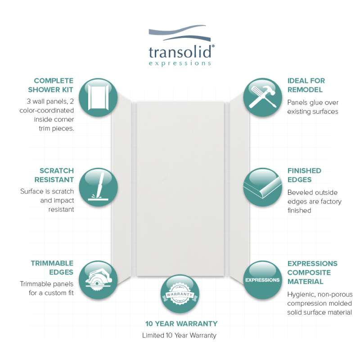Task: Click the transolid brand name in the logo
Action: coord(180,52)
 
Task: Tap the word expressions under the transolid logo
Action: coord(180,63)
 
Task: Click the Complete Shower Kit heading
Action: coord(50,85)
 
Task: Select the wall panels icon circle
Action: coord(98,97)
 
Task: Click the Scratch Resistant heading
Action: coord(54,175)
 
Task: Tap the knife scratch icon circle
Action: coord(98,187)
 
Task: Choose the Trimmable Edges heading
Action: coord(52,268)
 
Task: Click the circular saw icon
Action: coord(98,280)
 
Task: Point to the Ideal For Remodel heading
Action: coord(306,85)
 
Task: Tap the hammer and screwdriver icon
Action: coord(262,97)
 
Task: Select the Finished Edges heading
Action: coord(304,175)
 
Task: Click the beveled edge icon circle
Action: coord(262,187)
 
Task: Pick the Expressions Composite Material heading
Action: coord(312,273)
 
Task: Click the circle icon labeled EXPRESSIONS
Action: coord(262,280)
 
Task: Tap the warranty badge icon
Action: coord(180,294)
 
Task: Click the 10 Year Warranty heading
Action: coord(181,324)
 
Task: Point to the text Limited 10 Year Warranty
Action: coord(179,335)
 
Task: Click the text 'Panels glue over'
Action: coord(313,103)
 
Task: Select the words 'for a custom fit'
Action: coord(51,293)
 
